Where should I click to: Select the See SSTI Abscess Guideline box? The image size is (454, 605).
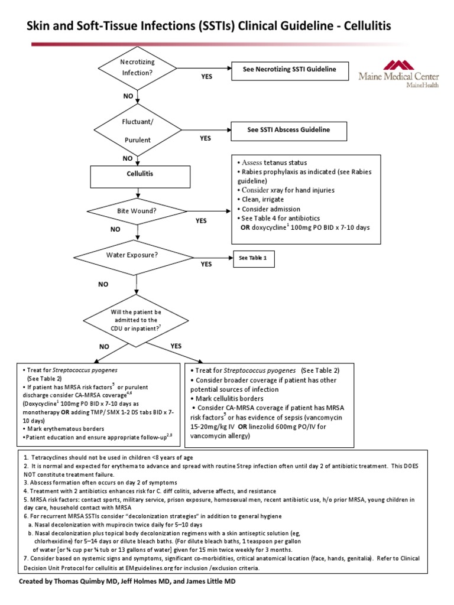tap(288, 130)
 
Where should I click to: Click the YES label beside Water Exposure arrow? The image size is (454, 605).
tap(206, 265)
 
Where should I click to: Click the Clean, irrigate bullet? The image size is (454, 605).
tap(262, 200)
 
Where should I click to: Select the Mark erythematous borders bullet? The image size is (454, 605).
tap(63, 428)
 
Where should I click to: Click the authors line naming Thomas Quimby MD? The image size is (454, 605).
tap(131, 581)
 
